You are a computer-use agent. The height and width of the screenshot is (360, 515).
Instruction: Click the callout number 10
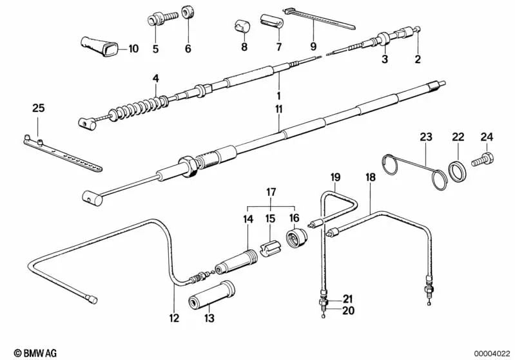coord(133,48)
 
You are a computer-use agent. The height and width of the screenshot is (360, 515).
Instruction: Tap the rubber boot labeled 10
coord(101,46)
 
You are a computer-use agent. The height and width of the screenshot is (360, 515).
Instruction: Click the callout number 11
coord(278,110)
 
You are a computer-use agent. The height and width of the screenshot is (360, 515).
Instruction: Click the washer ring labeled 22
coord(458,172)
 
